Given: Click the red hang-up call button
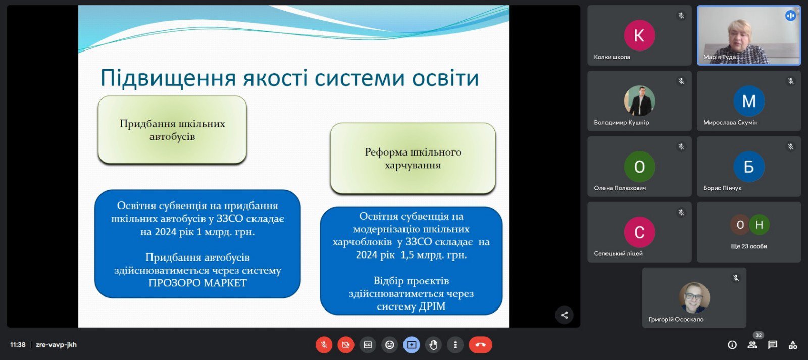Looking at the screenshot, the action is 480,345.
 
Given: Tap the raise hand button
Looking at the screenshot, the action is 433,345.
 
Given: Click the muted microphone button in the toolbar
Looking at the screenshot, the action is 324,345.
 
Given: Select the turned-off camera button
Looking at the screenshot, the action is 345,345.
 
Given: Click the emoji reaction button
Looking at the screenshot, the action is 389,345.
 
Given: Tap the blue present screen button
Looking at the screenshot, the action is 411,345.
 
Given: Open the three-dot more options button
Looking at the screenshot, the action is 455,345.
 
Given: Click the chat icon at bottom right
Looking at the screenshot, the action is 772,345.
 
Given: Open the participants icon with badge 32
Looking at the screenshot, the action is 753,344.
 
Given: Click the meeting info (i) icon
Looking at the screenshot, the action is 732,345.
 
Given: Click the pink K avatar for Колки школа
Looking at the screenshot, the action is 639,35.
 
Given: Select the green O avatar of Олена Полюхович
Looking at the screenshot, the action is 639,167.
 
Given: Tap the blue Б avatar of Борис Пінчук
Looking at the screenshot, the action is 749,167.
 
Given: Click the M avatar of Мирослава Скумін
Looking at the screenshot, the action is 749,101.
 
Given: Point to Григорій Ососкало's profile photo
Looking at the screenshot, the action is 694,297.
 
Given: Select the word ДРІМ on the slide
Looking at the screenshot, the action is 431,306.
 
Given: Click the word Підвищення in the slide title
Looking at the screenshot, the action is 168,78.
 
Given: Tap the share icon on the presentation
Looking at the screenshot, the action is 564,315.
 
